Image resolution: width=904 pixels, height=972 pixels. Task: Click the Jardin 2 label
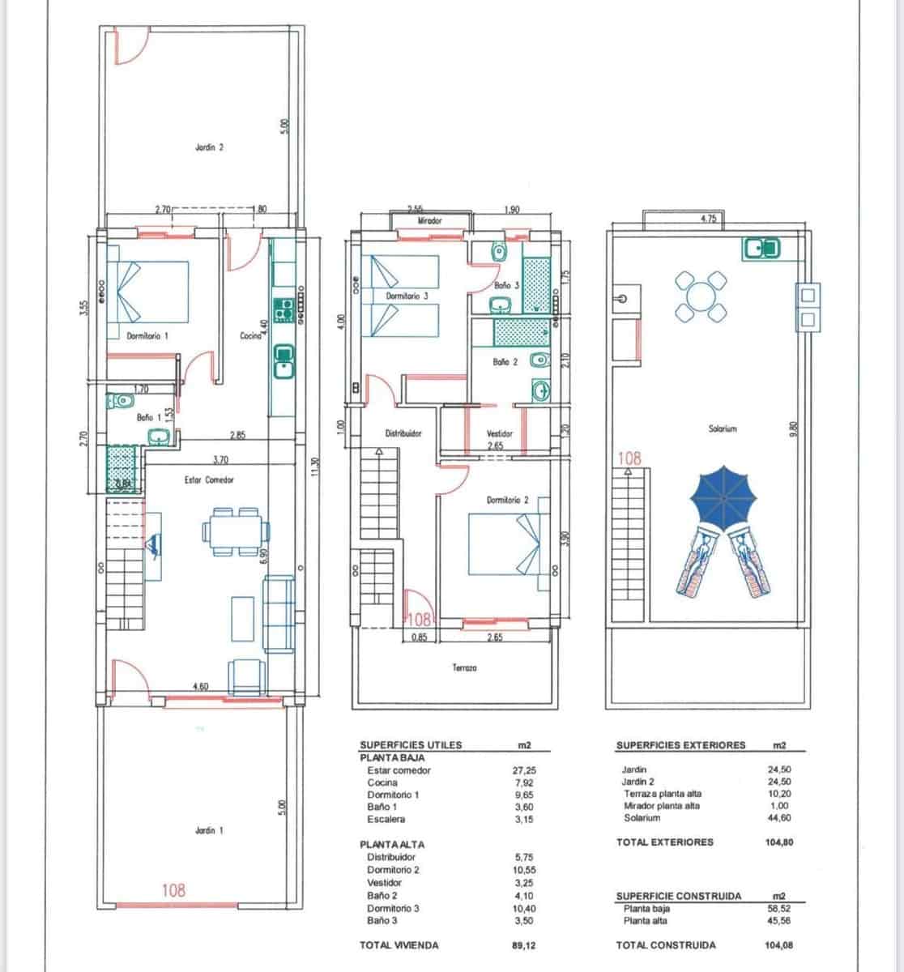(209, 147)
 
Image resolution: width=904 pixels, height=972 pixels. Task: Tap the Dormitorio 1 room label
(147, 335)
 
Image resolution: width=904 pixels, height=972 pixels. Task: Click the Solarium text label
(723, 428)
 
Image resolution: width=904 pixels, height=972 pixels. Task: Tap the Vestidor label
(500, 434)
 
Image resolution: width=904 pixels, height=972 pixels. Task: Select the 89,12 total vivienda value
(524, 944)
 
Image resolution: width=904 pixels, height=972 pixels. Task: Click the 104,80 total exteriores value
(778, 842)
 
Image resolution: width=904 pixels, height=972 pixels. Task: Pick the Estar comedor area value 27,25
(524, 770)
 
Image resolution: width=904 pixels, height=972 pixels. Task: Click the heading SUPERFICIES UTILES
(411, 745)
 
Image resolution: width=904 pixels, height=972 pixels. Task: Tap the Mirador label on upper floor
(429, 220)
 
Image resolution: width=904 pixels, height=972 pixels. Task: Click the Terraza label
(464, 667)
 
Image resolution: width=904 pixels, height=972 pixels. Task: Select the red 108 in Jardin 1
(173, 890)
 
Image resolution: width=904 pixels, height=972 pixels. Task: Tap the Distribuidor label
(403, 433)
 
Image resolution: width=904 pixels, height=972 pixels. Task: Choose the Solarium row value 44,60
(778, 818)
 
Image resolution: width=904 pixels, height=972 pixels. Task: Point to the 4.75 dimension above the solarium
(709, 220)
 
